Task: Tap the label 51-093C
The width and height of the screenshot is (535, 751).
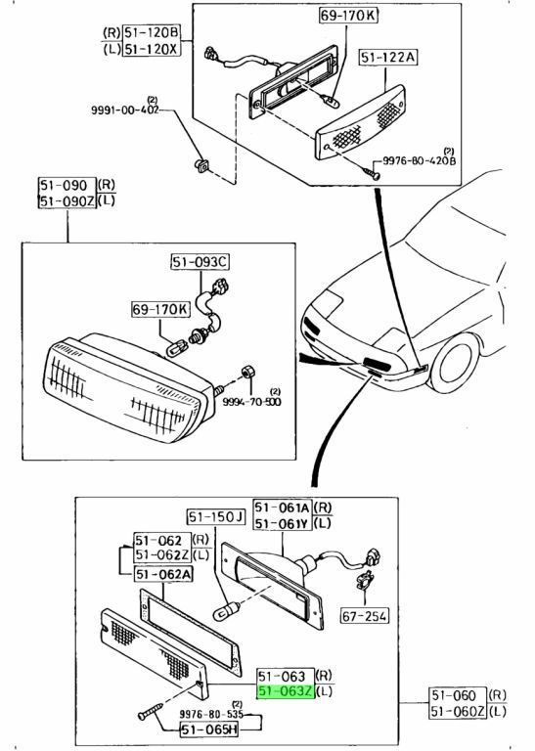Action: pyautogui.click(x=200, y=261)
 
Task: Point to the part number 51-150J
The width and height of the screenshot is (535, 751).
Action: pyautogui.click(x=214, y=516)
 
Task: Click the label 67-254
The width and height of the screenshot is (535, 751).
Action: pyautogui.click(x=364, y=618)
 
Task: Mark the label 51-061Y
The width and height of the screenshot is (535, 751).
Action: pyautogui.click(x=283, y=524)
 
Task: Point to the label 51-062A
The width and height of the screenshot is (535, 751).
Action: pyautogui.click(x=161, y=575)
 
